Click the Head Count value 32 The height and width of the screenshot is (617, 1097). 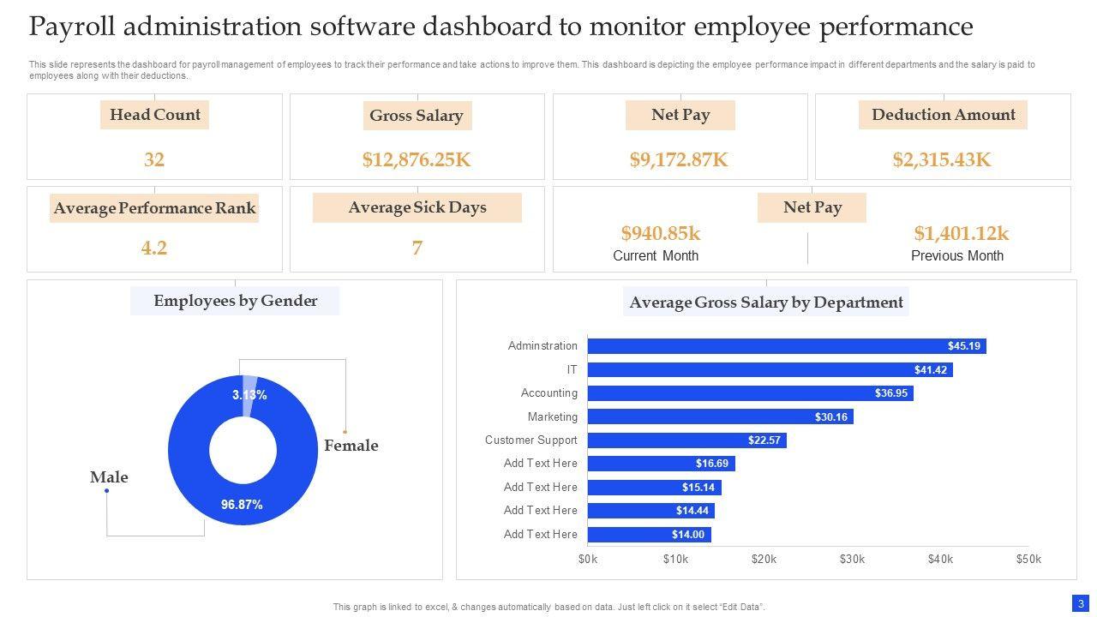click(154, 159)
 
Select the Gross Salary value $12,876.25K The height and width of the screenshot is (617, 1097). click(417, 159)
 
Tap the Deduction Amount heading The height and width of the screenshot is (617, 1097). click(943, 115)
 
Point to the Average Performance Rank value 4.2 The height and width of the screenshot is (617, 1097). click(154, 249)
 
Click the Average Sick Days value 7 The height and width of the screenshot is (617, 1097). click(417, 249)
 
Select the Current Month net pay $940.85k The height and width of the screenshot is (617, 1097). click(661, 233)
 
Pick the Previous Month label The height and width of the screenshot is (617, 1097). click(956, 255)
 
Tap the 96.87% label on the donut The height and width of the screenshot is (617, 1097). click(242, 505)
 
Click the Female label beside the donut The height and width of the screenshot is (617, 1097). click(351, 446)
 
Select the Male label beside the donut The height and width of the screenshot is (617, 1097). click(109, 477)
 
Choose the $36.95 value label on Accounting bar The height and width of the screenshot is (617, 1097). click(891, 393)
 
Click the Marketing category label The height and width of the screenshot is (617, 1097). click(553, 416)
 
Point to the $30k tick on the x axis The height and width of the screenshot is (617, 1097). click(852, 560)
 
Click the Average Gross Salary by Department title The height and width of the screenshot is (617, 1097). click(766, 303)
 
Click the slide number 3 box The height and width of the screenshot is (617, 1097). click(1081, 603)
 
